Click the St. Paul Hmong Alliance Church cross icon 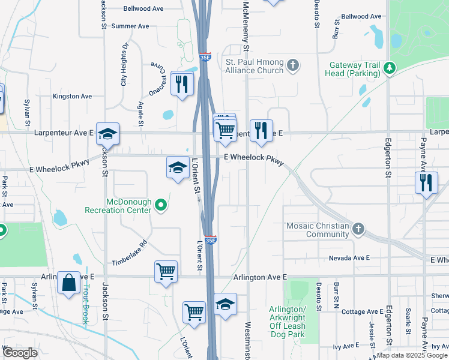pyautogui.click(x=293, y=65)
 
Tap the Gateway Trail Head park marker pyautogui.click(x=390, y=68)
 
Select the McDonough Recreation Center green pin pyautogui.click(x=160, y=206)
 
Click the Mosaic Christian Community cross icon pyautogui.click(x=358, y=229)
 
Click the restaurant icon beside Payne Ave pyautogui.click(x=426, y=181)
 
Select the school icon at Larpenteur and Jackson pyautogui.click(x=107, y=133)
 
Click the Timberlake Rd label pyautogui.click(x=130, y=254)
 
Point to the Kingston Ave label pyautogui.click(x=72, y=96)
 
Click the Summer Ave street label pyautogui.click(x=130, y=26)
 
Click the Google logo pyautogui.click(x=20, y=353)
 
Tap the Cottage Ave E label pyautogui.click(x=361, y=311)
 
